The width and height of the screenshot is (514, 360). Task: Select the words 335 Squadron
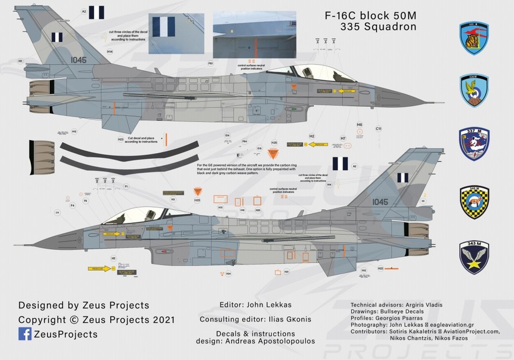click(x=379, y=27)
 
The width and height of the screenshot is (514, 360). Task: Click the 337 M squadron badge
click(x=474, y=143)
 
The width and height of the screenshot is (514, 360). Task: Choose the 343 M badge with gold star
click(x=474, y=257)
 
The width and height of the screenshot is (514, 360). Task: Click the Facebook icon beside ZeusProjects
click(x=25, y=334)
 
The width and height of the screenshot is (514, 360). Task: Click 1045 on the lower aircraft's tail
click(x=380, y=202)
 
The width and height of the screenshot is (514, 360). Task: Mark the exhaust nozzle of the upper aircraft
click(x=39, y=88)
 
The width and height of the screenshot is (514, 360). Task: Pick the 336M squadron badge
click(x=474, y=90)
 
